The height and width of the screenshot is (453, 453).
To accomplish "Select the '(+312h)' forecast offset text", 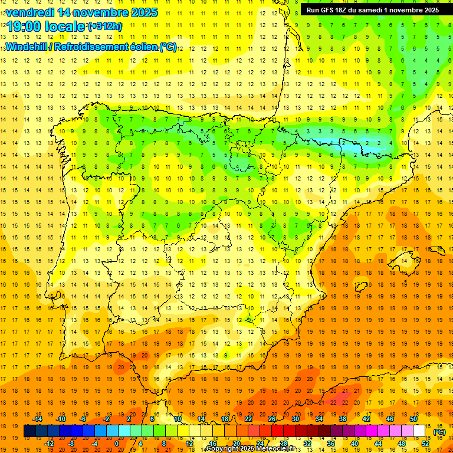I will point(104,27).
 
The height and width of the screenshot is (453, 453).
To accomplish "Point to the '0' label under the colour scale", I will point(116,444).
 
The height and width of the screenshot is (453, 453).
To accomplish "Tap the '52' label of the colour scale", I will point(425,444).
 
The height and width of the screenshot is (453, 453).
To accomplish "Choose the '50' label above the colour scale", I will point(413,419).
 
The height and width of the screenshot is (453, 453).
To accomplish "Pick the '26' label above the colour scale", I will point(272,419).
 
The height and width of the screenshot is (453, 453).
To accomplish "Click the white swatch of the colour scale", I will point(419,431).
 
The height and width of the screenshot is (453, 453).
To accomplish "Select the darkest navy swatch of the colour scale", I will point(29,431).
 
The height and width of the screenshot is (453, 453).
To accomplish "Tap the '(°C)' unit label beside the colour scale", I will point(439,432).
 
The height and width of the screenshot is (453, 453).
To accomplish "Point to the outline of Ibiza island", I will point(360,288).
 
